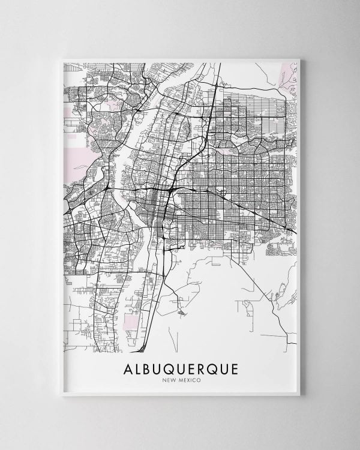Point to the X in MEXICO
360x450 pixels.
pyautogui.click(x=187, y=379)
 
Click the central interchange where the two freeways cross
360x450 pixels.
pyautogui.click(x=172, y=191)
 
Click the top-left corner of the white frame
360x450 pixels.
pyautogui.click(x=62, y=59)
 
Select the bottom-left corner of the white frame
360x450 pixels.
pyautogui.click(x=62, y=395)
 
